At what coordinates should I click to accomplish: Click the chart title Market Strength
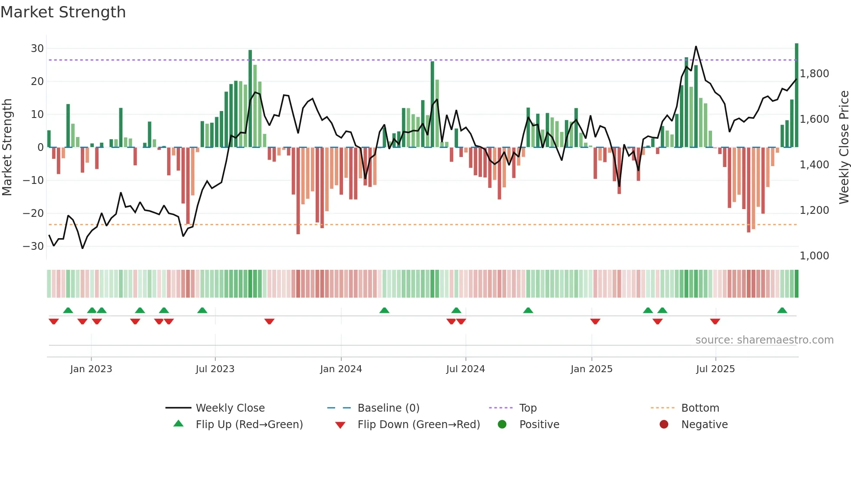point(63,12)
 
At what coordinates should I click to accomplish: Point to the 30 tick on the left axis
point(37,49)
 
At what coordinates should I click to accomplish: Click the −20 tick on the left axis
point(34,213)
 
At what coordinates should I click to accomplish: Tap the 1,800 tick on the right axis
point(814,74)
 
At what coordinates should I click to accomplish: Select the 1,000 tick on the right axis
point(814,256)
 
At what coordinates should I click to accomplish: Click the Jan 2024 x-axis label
point(341,369)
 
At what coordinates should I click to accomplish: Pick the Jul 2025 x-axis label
point(715,369)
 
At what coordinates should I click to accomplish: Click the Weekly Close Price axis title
point(844,147)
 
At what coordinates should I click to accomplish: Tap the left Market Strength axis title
point(7,147)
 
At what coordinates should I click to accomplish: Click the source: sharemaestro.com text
point(764,340)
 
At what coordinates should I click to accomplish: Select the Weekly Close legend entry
point(230,408)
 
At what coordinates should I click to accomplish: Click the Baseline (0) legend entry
point(388,408)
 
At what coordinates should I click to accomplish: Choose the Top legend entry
point(528,408)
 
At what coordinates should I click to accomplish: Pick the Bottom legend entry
point(700,408)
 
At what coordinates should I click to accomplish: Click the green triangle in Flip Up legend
point(178,424)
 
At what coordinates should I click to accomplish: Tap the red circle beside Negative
point(664,424)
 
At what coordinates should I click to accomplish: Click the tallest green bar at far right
point(797,95)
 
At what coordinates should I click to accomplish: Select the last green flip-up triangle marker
point(782,311)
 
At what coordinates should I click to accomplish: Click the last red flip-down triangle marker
point(715,321)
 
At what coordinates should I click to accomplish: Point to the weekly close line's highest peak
point(696,46)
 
